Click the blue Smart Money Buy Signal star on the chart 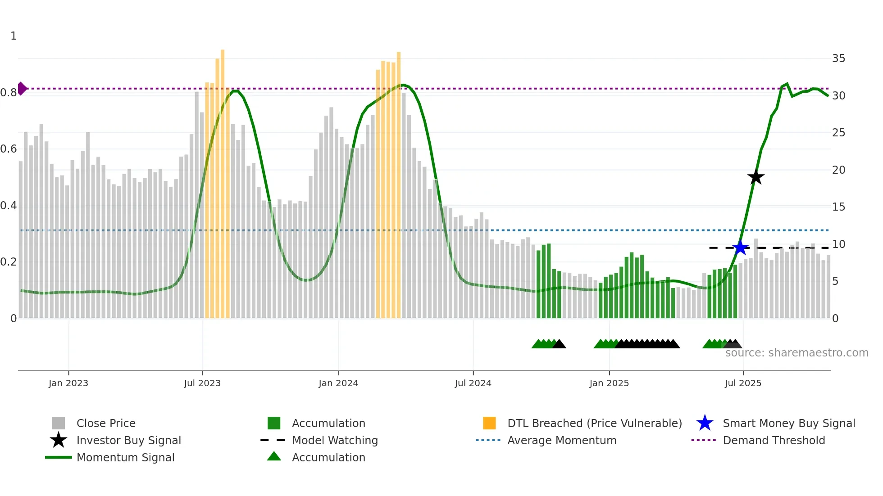point(740,248)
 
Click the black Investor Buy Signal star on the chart point(756,177)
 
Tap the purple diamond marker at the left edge point(22,89)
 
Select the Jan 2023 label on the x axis point(68,383)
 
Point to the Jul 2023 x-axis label point(202,383)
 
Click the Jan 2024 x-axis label point(338,383)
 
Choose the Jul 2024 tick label point(473,383)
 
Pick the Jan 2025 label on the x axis point(609,383)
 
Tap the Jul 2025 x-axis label point(743,383)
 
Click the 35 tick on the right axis point(838,59)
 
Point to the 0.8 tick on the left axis point(9,93)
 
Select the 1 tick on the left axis point(14,36)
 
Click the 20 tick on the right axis point(838,170)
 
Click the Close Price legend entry point(106,423)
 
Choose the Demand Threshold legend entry point(774,440)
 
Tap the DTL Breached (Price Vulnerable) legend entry point(594,423)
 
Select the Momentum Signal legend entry point(125,457)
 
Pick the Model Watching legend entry point(335,440)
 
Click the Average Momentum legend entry point(562,440)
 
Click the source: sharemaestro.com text point(797,352)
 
